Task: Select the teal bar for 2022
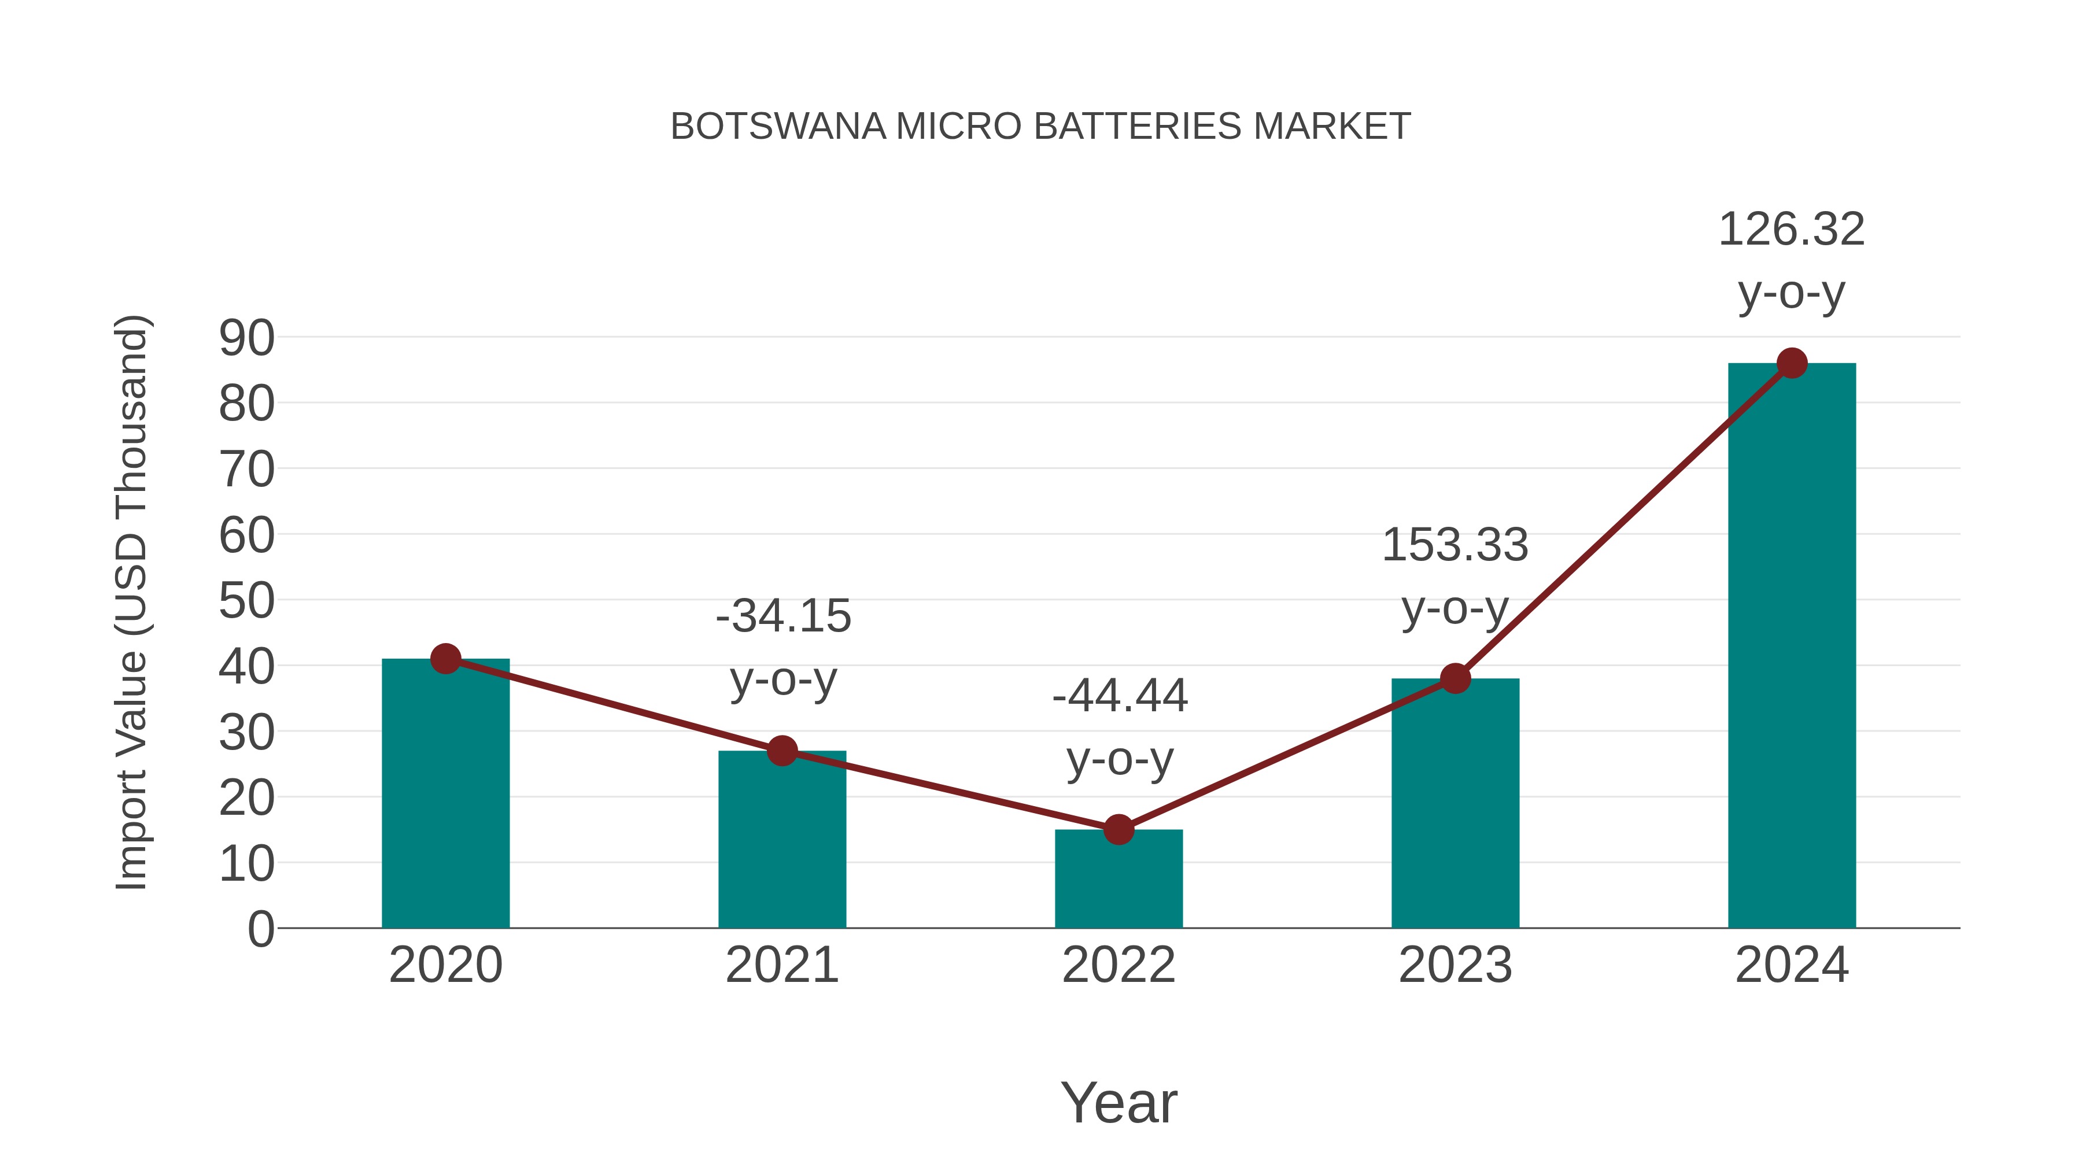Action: click(x=1118, y=881)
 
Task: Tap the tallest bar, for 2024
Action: click(x=1792, y=647)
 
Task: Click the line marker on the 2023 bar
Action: click(x=1455, y=679)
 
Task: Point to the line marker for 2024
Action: click(x=1792, y=364)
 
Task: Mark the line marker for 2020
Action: click(x=445, y=659)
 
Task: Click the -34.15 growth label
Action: click(x=783, y=616)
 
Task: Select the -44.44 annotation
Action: click(x=1120, y=696)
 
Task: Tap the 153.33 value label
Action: click(x=1455, y=545)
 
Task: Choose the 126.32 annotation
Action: click(x=1791, y=230)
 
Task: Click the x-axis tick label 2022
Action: click(x=1118, y=965)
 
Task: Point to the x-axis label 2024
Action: click(x=1792, y=965)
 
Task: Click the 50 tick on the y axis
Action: click(x=246, y=601)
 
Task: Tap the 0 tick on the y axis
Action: click(x=260, y=929)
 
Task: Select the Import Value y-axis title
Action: click(x=131, y=602)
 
